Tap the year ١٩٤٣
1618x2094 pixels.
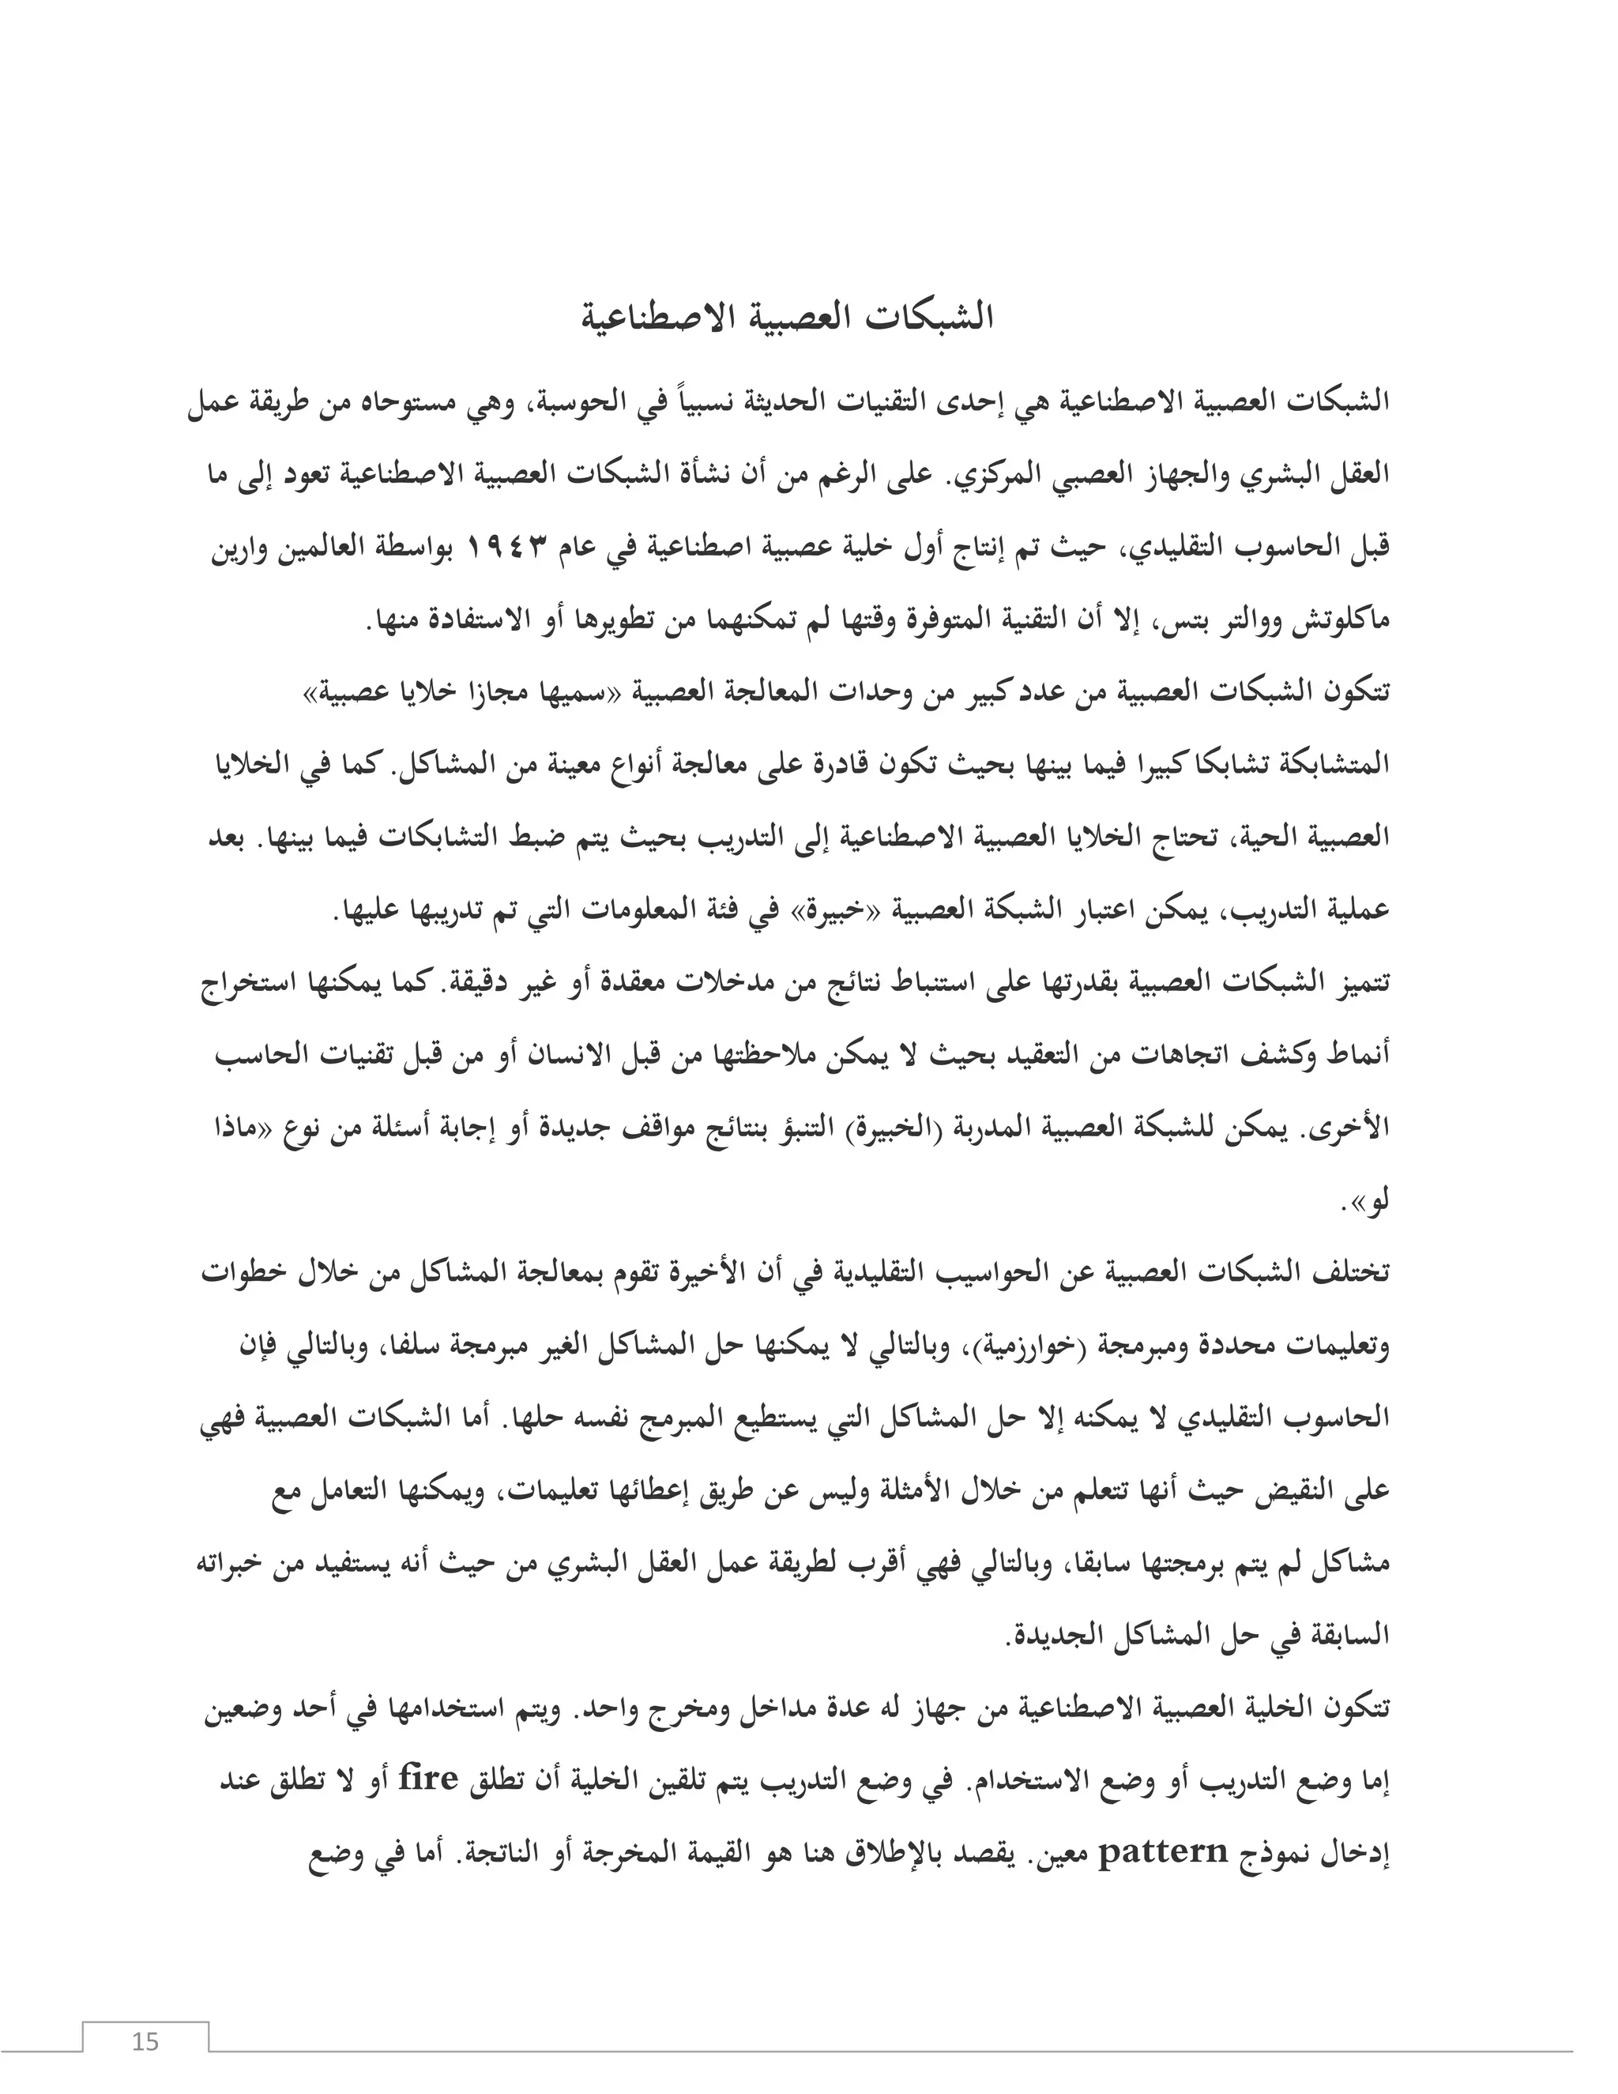click(507, 548)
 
